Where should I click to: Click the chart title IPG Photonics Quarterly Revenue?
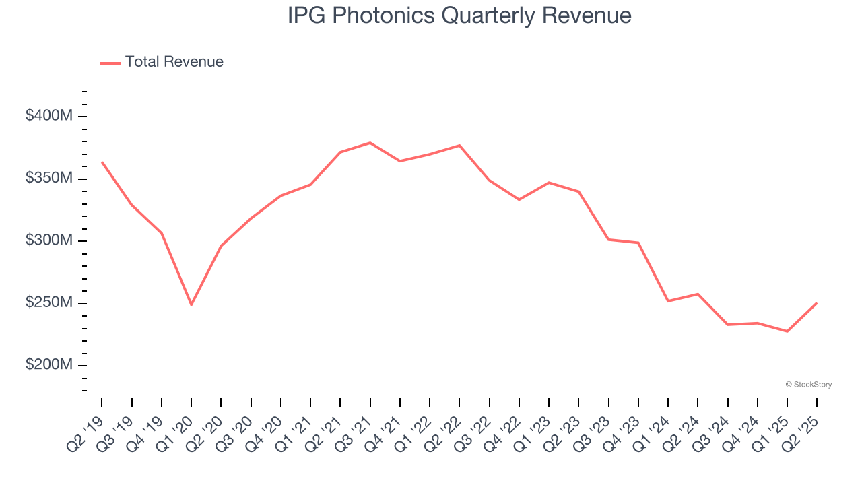(x=459, y=15)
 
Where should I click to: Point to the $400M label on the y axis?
(x=49, y=116)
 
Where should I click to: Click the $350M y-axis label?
(x=49, y=179)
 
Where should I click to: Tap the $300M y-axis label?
(x=49, y=240)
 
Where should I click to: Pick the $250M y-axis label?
(x=49, y=303)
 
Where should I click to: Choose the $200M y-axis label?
(x=49, y=365)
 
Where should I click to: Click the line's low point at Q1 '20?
(x=191, y=304)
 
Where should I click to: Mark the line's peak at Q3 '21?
(x=370, y=143)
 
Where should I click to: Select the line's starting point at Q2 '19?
(x=102, y=162)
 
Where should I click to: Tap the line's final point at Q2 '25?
(x=817, y=303)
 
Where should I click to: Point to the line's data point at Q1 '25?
(x=787, y=331)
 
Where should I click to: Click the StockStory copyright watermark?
(x=808, y=385)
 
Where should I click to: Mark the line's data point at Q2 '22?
(x=459, y=145)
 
